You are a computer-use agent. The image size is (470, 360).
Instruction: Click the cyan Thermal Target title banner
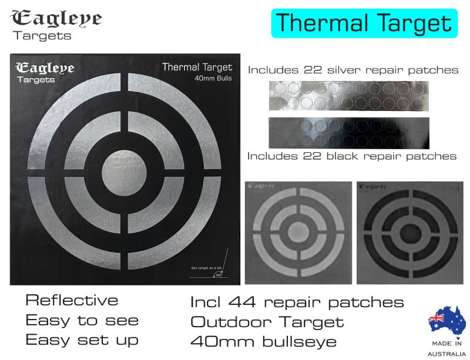[x=364, y=23]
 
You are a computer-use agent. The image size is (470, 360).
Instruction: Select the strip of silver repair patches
[x=348, y=95]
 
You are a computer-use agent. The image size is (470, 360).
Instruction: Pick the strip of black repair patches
[x=348, y=133]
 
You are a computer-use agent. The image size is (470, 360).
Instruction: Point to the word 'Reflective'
[x=72, y=301]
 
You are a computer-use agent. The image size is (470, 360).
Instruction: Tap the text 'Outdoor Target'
[x=267, y=322]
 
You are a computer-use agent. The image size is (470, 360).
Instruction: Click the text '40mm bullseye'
[x=263, y=341]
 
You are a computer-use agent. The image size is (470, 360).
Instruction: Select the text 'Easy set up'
[x=82, y=340]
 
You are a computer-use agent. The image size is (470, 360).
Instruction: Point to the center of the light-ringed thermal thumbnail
[x=297, y=230]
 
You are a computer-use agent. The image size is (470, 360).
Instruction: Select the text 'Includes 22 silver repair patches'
[x=353, y=70]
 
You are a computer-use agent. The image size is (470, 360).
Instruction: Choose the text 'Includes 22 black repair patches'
[x=352, y=156]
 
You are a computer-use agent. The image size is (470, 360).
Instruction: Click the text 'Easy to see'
[x=82, y=321]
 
